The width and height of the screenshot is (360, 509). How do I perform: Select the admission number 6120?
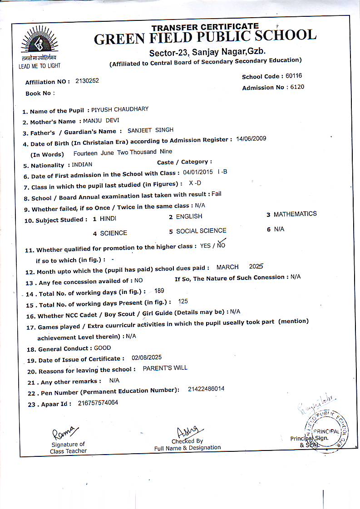tap(297, 87)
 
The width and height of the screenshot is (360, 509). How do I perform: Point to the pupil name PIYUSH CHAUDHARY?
tap(120, 109)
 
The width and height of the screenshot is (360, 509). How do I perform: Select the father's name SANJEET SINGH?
tap(150, 130)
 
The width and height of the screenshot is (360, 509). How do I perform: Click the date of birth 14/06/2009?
tap(251, 138)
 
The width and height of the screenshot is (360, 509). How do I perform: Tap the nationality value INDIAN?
tap(82, 165)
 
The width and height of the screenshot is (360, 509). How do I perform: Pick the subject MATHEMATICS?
tap(295, 214)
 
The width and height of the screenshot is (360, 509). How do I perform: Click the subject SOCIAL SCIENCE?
tap(201, 231)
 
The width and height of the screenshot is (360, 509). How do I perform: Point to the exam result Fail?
tap(217, 194)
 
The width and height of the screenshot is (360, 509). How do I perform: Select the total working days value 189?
tap(159, 291)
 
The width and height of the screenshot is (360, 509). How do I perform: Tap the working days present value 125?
tap(183, 301)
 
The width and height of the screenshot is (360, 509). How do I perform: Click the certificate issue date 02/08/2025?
tap(147, 357)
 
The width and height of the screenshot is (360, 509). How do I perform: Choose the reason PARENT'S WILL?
tap(165, 368)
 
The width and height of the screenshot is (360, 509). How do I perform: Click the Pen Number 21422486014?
tap(206, 389)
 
